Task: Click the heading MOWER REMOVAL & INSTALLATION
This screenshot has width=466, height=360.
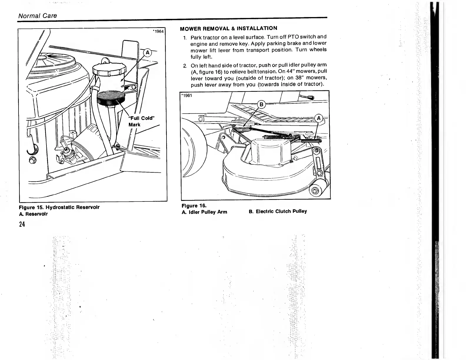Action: [228, 29]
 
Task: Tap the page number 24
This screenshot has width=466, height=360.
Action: [22, 224]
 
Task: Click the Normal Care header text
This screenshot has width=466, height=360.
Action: [38, 16]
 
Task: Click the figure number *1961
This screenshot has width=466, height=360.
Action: [187, 95]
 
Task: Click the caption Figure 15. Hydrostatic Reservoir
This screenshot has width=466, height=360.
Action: [59, 207]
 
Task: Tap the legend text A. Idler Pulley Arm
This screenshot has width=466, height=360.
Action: [204, 212]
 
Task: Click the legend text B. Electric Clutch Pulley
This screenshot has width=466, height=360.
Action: [278, 211]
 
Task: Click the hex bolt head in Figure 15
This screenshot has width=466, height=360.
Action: [33, 161]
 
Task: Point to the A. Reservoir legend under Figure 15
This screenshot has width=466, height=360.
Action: [33, 214]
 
